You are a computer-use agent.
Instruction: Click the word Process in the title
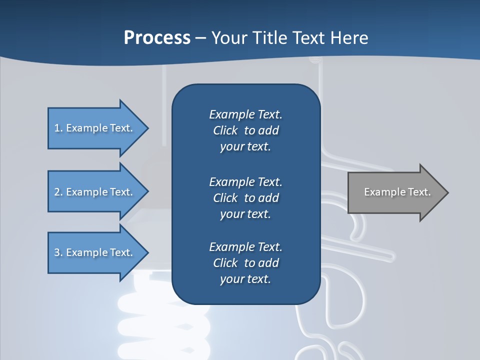pyautogui.click(x=157, y=37)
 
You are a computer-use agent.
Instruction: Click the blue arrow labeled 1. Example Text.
pyautogui.click(x=95, y=128)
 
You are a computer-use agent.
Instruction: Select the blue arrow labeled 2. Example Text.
pyautogui.click(x=95, y=192)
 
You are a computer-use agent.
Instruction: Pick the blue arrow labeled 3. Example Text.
pyautogui.click(x=95, y=252)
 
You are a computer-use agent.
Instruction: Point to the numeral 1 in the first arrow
pyautogui.click(x=57, y=128)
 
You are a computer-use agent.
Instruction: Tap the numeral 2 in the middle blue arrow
pyautogui.click(x=57, y=192)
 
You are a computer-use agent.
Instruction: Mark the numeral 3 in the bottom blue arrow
pyautogui.click(x=57, y=252)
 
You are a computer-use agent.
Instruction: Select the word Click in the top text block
pyautogui.click(x=225, y=130)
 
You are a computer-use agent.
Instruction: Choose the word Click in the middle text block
pyautogui.click(x=225, y=198)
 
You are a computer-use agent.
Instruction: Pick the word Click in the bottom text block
pyautogui.click(x=225, y=263)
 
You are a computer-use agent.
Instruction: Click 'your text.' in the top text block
pyautogui.click(x=245, y=147)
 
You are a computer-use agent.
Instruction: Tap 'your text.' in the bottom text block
pyautogui.click(x=245, y=279)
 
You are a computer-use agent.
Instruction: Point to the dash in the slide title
pyautogui.click(x=200, y=38)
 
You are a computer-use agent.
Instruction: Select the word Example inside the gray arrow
pyautogui.click(x=381, y=192)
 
